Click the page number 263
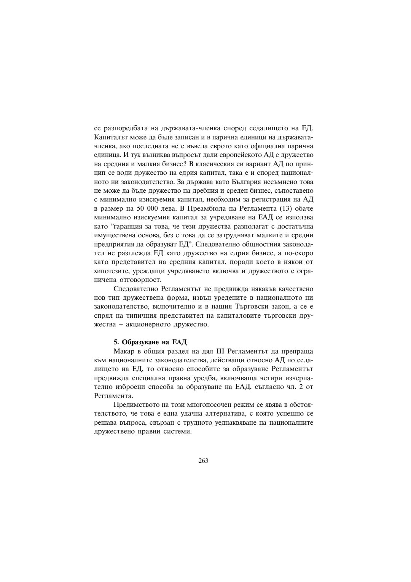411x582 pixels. click(203, 460)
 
